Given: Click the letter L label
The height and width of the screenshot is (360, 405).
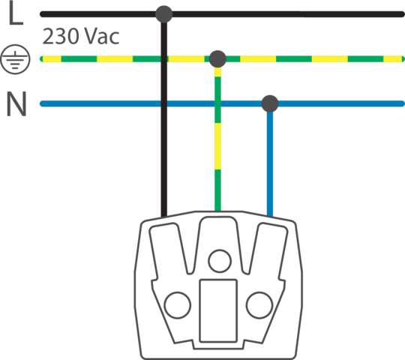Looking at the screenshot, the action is click(16, 13).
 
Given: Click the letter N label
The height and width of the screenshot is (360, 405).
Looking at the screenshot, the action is click(16, 103).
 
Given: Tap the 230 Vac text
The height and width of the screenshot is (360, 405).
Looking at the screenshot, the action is click(80, 37).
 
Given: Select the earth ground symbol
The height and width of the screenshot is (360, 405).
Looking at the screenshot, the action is click(15, 59).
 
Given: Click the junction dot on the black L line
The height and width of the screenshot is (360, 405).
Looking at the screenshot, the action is click(163, 14).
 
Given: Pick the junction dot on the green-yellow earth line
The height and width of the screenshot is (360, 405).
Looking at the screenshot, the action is click(217, 59).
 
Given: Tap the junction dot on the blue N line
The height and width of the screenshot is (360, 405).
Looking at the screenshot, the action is click(270, 103).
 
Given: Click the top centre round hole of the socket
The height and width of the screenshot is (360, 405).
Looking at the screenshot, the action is click(220, 261).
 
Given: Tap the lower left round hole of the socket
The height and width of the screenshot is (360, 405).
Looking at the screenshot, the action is click(178, 305).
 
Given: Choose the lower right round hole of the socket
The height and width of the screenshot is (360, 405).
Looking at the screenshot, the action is click(259, 305).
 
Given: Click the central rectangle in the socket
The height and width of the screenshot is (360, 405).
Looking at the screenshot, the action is click(218, 310).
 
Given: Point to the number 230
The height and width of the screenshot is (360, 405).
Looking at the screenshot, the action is click(60, 37).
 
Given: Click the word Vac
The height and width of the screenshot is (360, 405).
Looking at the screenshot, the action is click(102, 37).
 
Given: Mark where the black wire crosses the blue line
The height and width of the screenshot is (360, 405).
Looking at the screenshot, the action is click(163, 103).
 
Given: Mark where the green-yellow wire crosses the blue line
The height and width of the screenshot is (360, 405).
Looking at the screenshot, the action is click(217, 103).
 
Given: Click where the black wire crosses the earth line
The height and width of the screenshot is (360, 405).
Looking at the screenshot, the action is click(163, 59).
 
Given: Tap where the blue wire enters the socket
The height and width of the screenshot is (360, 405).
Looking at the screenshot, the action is click(270, 217).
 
